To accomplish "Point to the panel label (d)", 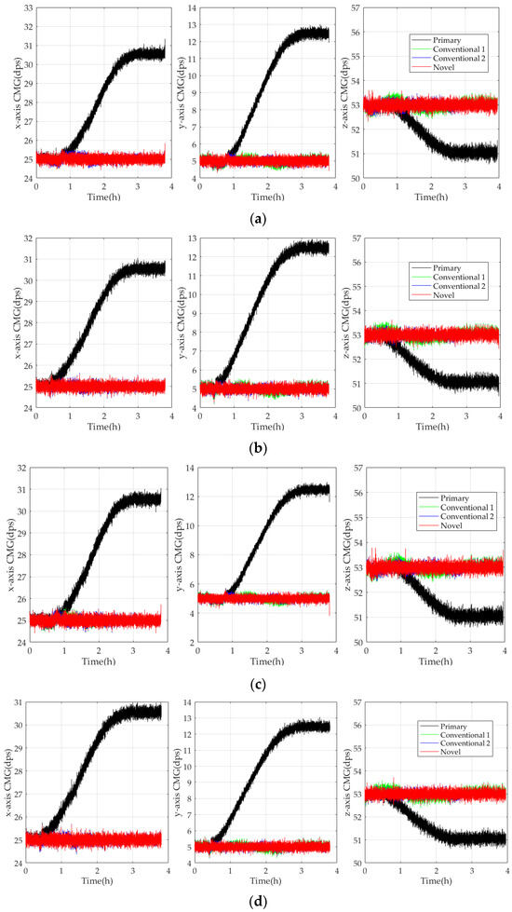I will (x=255, y=903).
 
